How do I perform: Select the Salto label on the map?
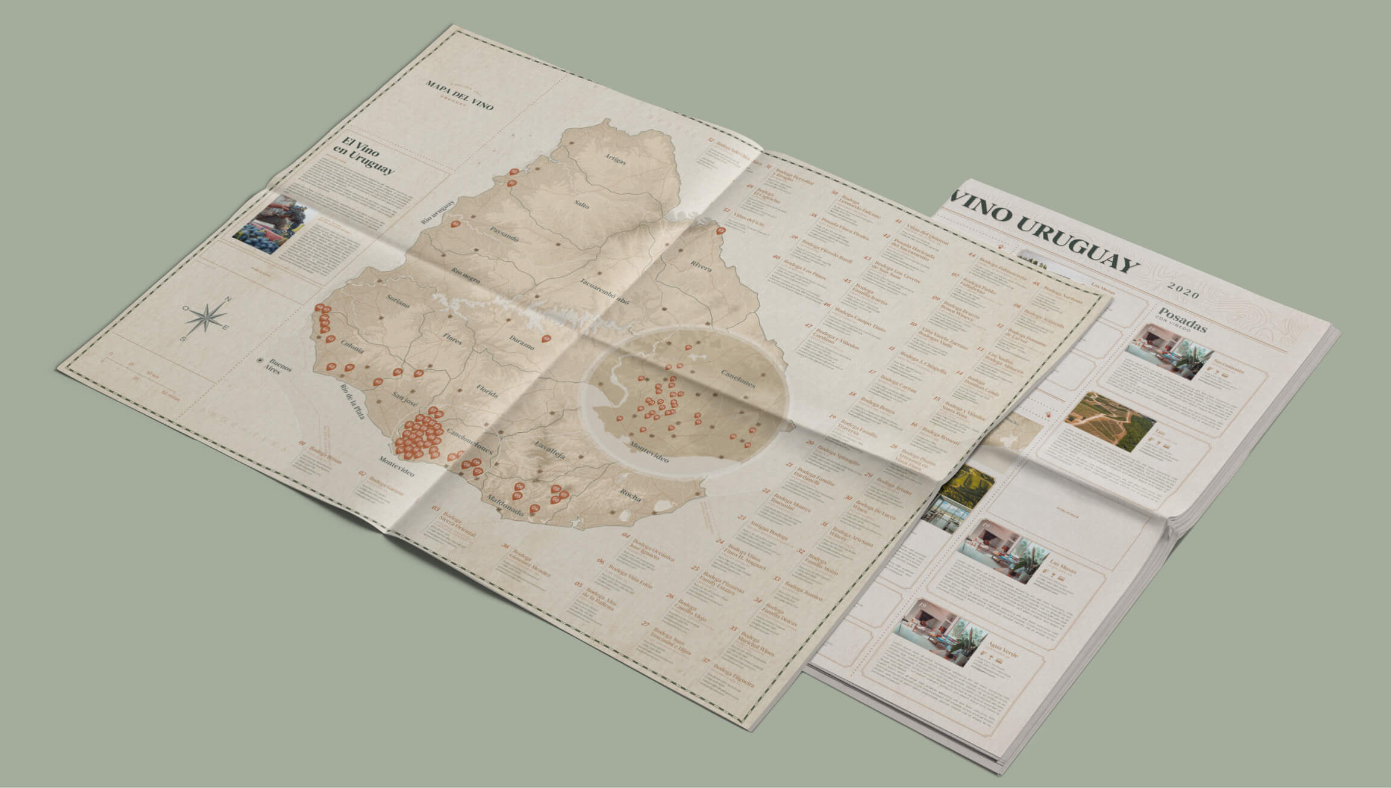[582, 203]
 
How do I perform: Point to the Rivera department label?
[702, 266]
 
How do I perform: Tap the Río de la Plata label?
[352, 401]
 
